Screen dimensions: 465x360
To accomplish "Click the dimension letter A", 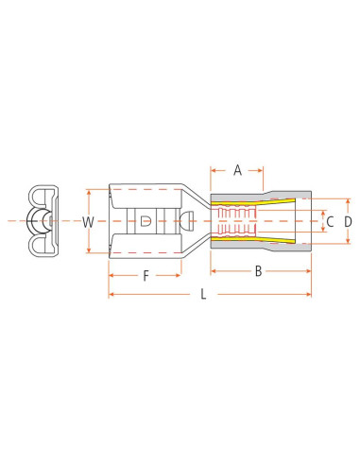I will pos(237,170).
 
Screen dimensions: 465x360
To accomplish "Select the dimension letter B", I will pos(258,272).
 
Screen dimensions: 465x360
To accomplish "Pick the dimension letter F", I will pos(146,276).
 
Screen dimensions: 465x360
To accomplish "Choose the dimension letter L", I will pos(203,295).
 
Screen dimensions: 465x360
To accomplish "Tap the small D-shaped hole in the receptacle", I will pos(145,221).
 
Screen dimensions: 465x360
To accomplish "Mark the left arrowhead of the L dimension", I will pos(112,295).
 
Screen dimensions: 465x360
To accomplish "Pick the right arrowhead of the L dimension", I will pos(308,295).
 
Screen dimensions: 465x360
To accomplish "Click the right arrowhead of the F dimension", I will pos(180,276).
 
